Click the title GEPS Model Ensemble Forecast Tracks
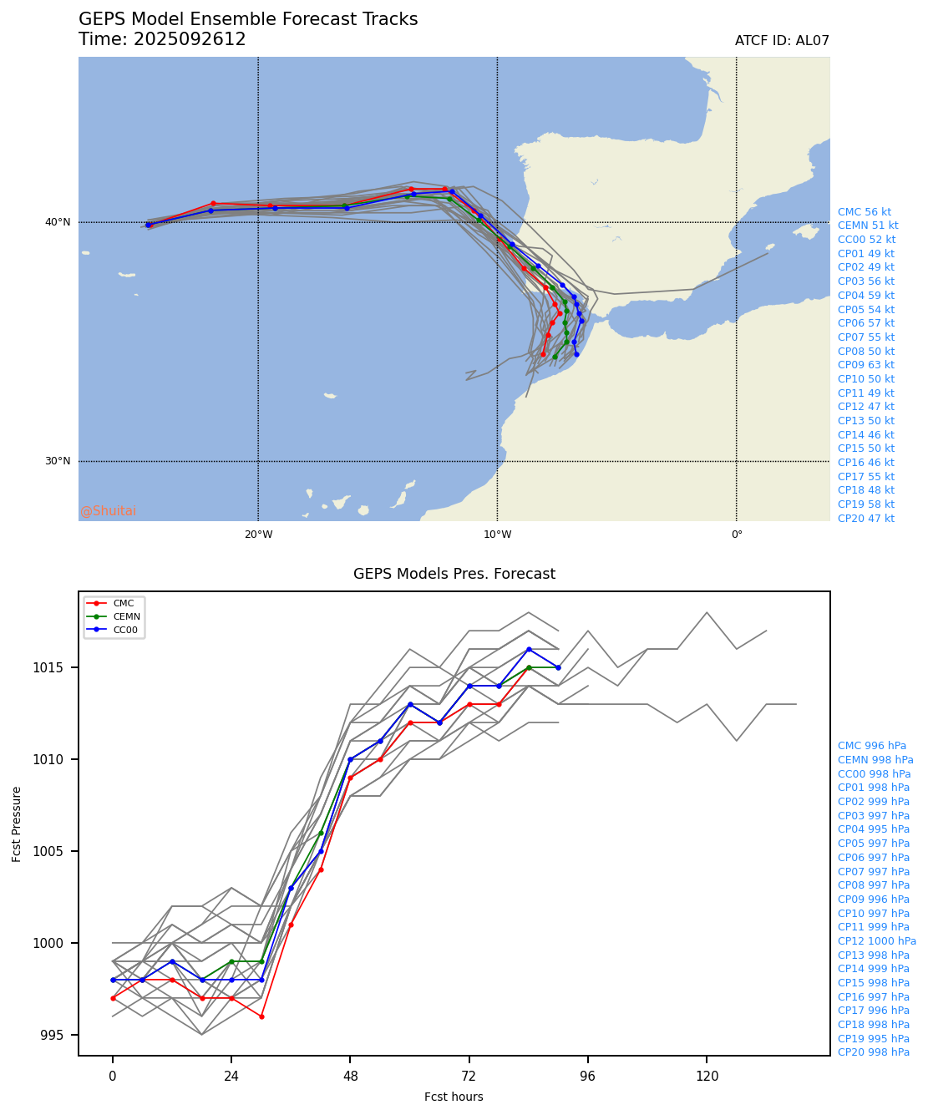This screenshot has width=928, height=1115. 248,19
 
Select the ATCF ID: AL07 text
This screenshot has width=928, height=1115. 782,41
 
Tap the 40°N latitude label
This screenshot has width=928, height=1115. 58,222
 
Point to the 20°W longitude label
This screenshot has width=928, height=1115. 258,535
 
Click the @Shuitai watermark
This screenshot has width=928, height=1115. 109,511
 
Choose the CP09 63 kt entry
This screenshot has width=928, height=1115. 865,365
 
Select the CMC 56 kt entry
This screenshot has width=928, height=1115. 865,212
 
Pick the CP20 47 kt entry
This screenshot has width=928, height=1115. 865,519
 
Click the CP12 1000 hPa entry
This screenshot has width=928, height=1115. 876,941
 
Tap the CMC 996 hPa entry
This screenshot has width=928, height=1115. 871,746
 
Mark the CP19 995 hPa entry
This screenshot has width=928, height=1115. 873,1039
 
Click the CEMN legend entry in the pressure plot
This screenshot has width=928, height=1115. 126,616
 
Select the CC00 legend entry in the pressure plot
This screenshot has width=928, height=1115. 125,630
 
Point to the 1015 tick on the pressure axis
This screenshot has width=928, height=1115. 58,667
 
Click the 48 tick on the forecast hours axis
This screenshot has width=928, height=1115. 350,1076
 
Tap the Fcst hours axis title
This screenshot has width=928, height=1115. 454,1097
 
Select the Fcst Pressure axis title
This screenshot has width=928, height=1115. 17,824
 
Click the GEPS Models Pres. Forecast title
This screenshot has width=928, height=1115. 454,574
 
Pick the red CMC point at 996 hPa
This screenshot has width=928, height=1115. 261,1016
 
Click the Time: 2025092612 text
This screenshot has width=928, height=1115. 162,39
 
